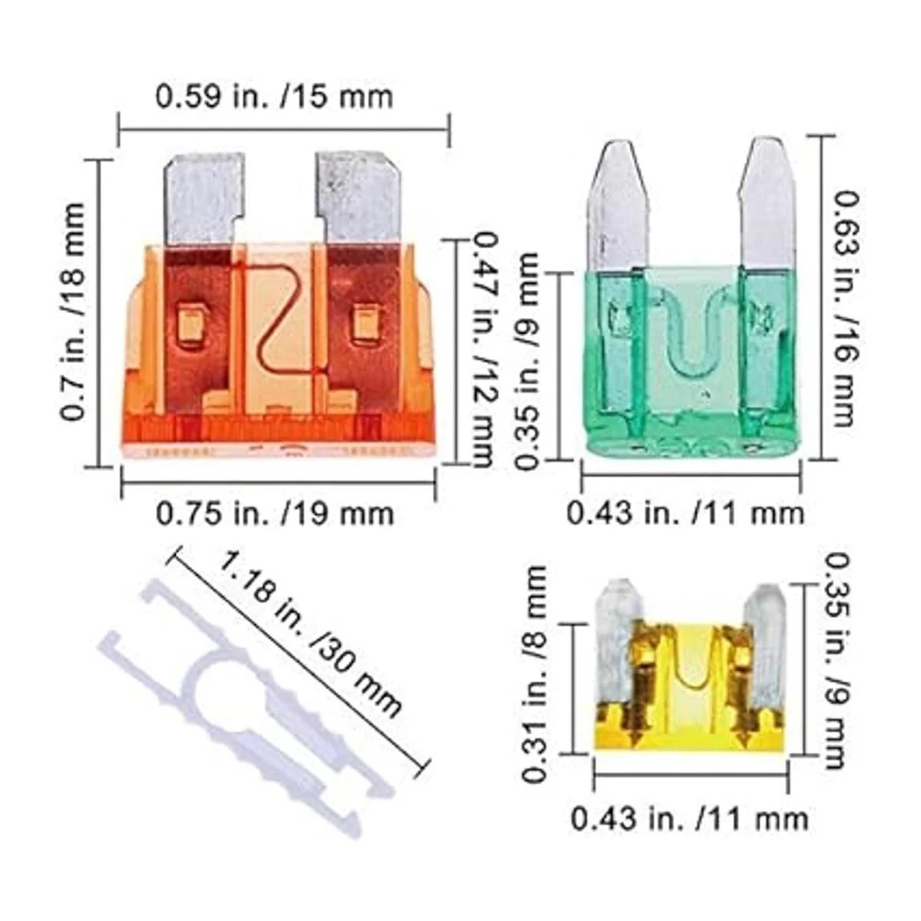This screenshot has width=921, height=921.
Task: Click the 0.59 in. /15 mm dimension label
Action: (274, 97)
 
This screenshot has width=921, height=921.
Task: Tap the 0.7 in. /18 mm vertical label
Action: (73, 312)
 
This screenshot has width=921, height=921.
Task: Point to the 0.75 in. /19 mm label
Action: (276, 513)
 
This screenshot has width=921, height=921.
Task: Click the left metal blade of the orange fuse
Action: (205, 201)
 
